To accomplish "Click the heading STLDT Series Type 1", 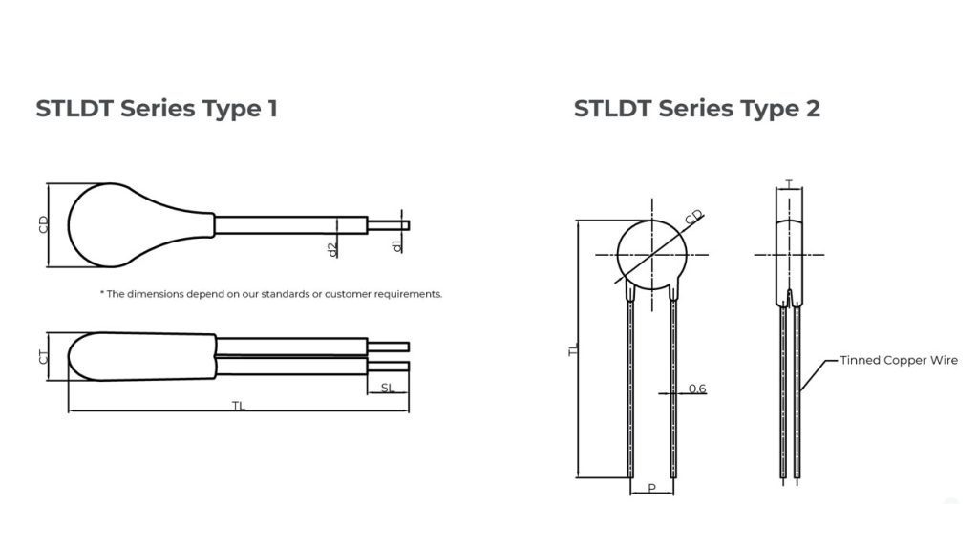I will coord(157,108).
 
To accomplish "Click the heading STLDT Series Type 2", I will coord(696,108).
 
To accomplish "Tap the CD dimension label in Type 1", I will coord(44,225).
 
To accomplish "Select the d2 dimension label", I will coord(331,249).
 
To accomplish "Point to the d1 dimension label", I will coord(397,246).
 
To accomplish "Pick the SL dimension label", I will coord(387,387).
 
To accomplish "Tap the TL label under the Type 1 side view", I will coord(239,406).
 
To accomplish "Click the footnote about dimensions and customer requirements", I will coord(271,294).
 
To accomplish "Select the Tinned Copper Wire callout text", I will coord(898,360).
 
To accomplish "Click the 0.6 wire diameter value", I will coord(697,388).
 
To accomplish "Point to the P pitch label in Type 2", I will coord(651,489).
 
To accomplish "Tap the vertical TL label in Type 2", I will coord(574,350).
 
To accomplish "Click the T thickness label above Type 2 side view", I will coord(789,183).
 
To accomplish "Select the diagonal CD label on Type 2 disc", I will coord(694,218).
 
